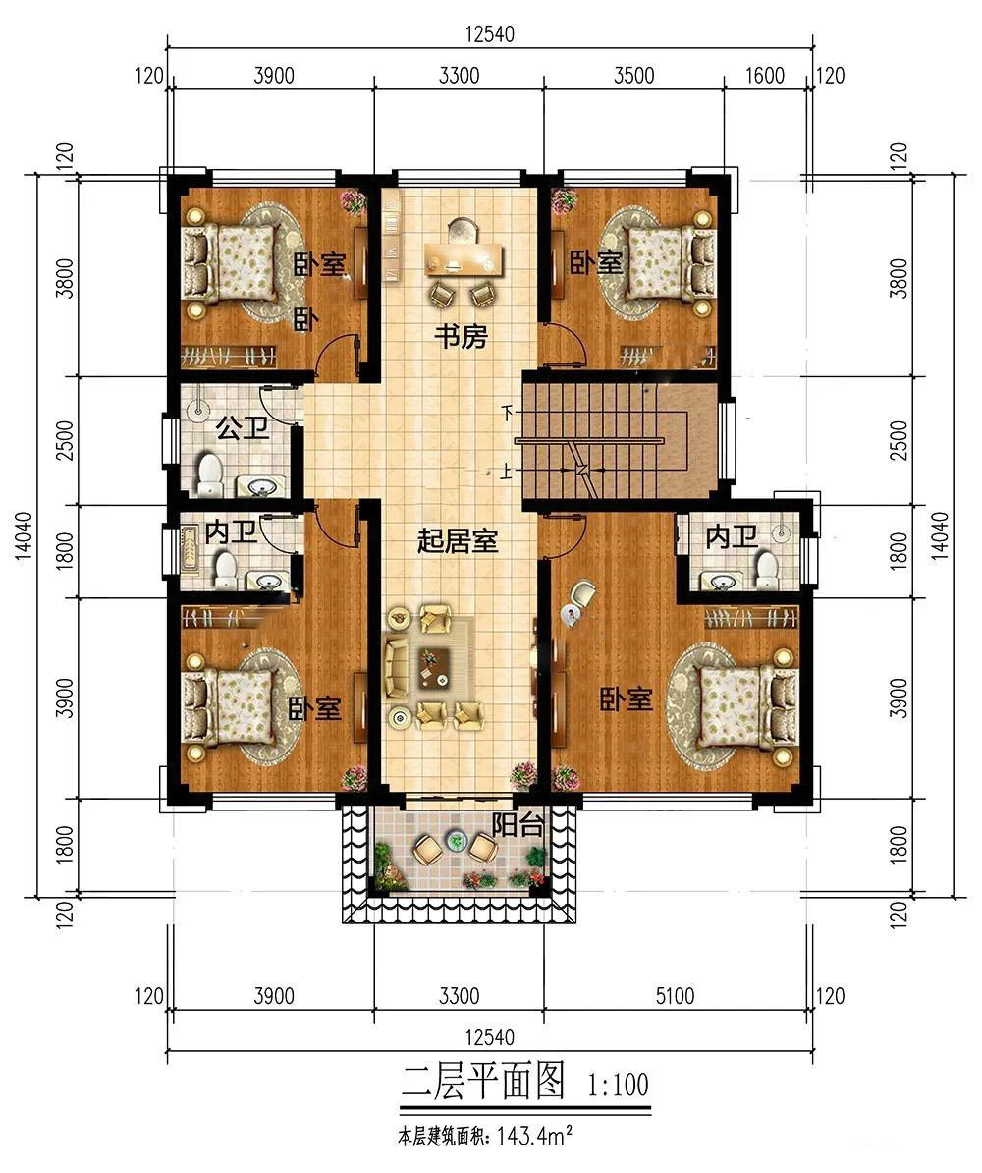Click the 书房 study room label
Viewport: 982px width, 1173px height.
(x=461, y=337)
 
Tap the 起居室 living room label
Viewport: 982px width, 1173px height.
(x=457, y=540)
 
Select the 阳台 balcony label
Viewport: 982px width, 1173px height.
(x=517, y=825)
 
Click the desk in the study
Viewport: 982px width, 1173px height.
(x=464, y=258)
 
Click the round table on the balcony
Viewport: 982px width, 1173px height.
(x=455, y=842)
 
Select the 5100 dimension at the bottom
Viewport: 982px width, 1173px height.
(x=675, y=996)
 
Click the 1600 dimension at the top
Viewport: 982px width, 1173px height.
(x=765, y=76)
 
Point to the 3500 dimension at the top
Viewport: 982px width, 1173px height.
(x=633, y=76)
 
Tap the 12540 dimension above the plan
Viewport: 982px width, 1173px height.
(x=489, y=34)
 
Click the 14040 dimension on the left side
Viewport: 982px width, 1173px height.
(x=24, y=535)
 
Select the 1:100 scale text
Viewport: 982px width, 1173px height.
(x=619, y=1084)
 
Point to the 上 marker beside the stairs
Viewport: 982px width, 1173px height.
(x=508, y=472)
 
